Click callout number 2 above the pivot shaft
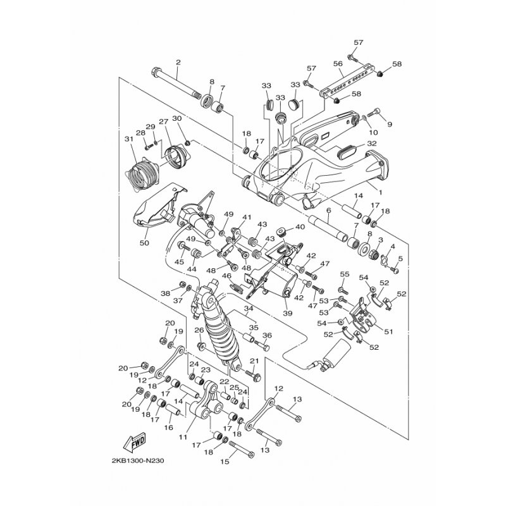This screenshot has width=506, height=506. [178, 62]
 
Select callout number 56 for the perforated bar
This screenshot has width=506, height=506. [337, 64]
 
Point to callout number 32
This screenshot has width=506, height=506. [372, 144]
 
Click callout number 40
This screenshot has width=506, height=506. [300, 226]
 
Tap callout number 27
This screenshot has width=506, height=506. [163, 121]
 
